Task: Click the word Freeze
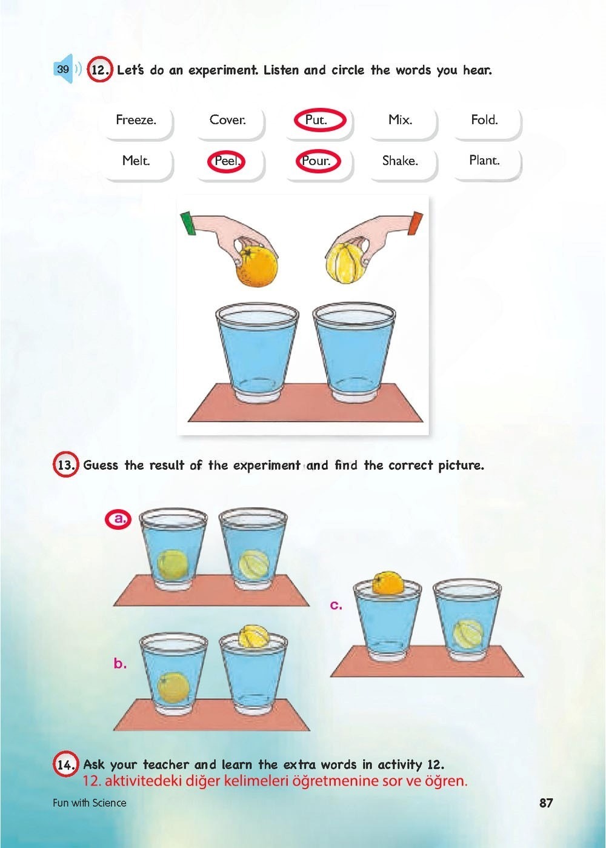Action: pyautogui.click(x=136, y=120)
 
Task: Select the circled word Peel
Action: pyautogui.click(x=227, y=162)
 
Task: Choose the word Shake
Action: pyautogui.click(x=400, y=161)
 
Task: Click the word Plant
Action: pyautogui.click(x=485, y=160)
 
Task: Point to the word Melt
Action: pyautogui.click(x=136, y=161)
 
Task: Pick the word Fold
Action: pyautogui.click(x=485, y=120)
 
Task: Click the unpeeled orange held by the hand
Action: pyautogui.click(x=256, y=265)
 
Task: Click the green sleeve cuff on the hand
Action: pyautogui.click(x=187, y=222)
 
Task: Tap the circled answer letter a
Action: pyautogui.click(x=118, y=519)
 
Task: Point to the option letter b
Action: pyautogui.click(x=120, y=663)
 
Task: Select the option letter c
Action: pyautogui.click(x=336, y=606)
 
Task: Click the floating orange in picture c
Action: pyautogui.click(x=388, y=584)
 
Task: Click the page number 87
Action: pyautogui.click(x=546, y=803)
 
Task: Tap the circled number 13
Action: pyautogui.click(x=65, y=464)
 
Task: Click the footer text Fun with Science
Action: pyautogui.click(x=89, y=803)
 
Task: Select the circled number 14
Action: pyautogui.click(x=65, y=765)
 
